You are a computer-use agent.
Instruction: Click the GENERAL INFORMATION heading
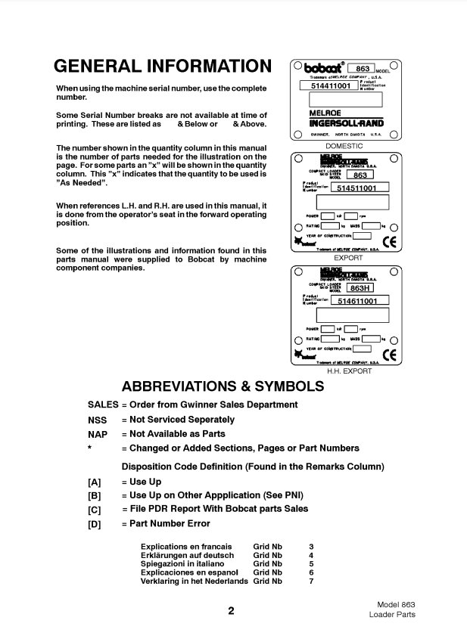tap(163, 67)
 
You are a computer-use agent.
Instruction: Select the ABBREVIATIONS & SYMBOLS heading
tap(223, 386)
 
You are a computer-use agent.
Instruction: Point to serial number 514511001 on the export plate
tap(362, 188)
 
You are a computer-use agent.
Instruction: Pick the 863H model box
tap(360, 287)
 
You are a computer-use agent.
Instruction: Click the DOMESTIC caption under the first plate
tap(344, 145)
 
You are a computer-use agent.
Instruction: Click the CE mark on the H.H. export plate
tap(390, 354)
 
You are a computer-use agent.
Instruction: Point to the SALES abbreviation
tap(103, 405)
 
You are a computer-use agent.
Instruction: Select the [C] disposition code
tap(95, 510)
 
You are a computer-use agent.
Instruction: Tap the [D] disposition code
tap(95, 524)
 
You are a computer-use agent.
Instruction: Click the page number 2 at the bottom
tap(231, 611)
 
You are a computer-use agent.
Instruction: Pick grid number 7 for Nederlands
tap(310, 582)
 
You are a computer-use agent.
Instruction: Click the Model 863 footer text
tap(396, 604)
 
